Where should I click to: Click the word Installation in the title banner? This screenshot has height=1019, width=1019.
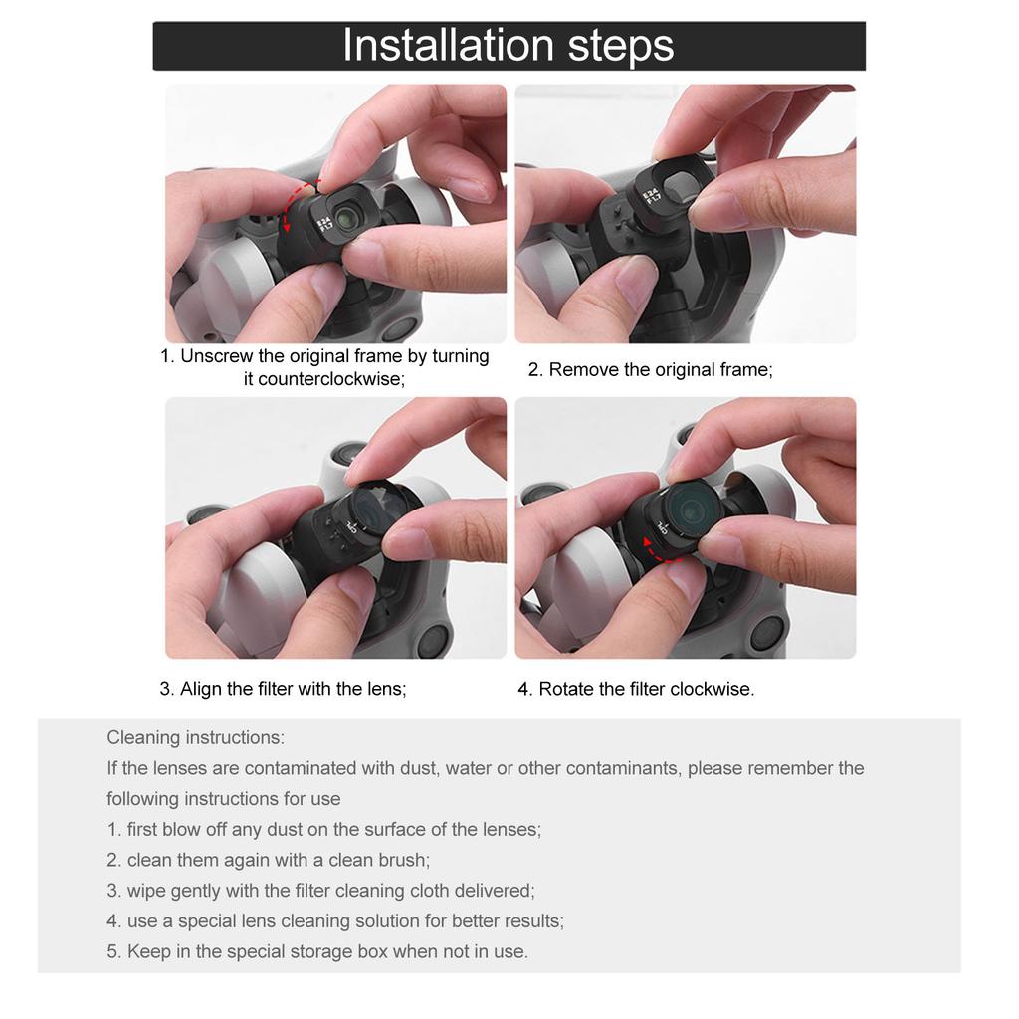(x=449, y=45)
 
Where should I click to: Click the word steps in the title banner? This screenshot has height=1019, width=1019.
(x=621, y=47)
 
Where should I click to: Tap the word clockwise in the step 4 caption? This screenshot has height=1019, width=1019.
(x=712, y=689)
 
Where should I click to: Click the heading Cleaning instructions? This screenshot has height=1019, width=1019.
(x=196, y=738)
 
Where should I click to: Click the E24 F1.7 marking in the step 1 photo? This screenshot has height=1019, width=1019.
(x=325, y=224)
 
